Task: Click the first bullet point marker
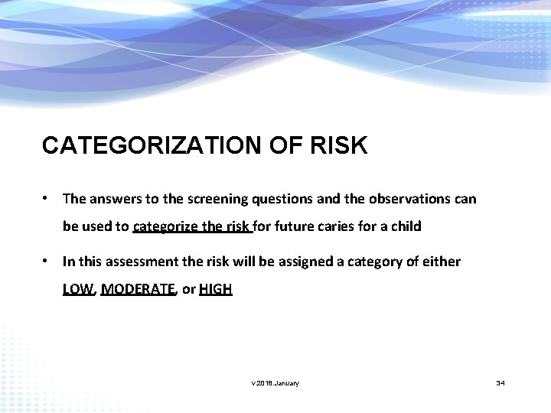tap(47, 199)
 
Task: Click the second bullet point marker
tap(47, 262)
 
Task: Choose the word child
tap(406, 227)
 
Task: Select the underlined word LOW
tap(77, 289)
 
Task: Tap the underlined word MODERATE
tap(138, 289)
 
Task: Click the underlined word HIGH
tap(215, 289)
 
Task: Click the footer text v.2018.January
tap(275, 382)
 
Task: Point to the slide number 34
tap(500, 382)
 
